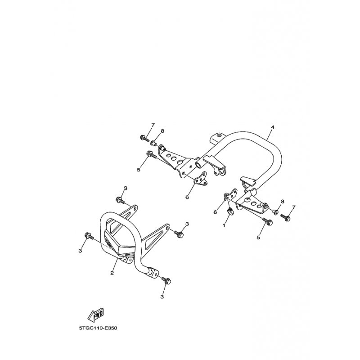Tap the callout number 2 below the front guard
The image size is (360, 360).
[x=112, y=273]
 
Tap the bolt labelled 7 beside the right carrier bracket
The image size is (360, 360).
[x=285, y=218]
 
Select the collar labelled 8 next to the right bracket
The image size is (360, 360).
[x=275, y=211]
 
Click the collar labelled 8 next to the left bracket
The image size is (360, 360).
[x=154, y=144]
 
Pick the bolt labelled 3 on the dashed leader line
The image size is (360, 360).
[x=88, y=235]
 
